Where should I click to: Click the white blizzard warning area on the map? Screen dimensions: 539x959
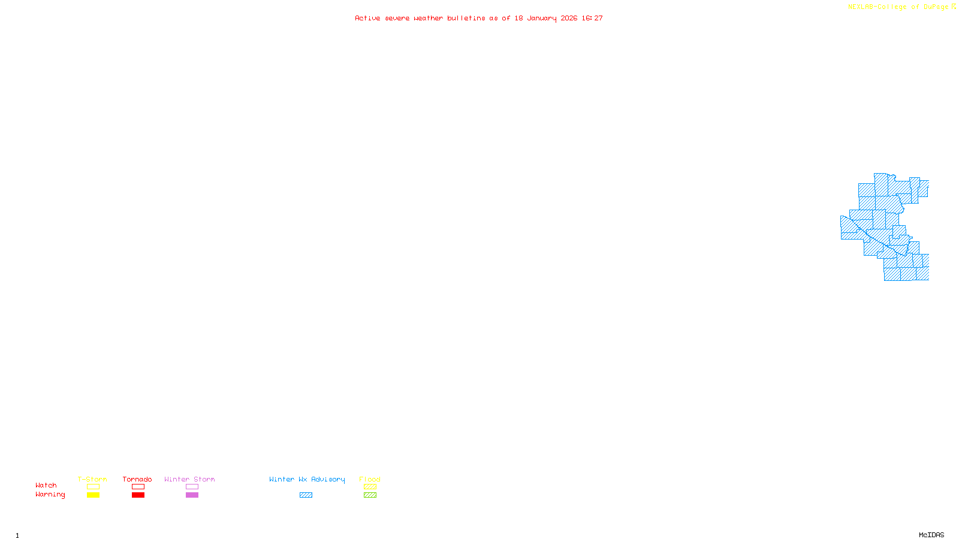click(x=852, y=203)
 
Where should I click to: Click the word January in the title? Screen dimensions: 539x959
click(x=542, y=18)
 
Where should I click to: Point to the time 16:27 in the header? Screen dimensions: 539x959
click(x=592, y=18)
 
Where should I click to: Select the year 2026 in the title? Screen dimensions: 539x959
click(x=569, y=18)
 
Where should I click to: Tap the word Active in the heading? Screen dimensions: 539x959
click(x=367, y=18)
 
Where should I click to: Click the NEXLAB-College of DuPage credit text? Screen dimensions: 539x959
click(x=898, y=7)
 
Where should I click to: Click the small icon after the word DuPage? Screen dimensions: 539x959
click(x=954, y=7)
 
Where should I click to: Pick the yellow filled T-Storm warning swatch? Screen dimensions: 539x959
click(x=93, y=495)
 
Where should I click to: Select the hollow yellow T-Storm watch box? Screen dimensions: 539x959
click(x=93, y=487)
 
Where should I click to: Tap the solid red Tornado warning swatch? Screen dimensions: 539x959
click(x=138, y=495)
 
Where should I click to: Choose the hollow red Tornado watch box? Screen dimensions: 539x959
click(x=138, y=487)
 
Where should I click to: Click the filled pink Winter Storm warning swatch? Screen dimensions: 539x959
click(x=192, y=495)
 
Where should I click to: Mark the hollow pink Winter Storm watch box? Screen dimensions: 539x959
click(x=192, y=487)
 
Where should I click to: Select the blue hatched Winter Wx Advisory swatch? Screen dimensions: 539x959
click(x=306, y=495)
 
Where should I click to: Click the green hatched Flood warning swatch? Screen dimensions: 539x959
click(x=370, y=495)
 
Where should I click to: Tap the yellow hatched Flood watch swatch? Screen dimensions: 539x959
click(x=370, y=487)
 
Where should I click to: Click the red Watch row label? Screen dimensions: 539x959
click(x=46, y=485)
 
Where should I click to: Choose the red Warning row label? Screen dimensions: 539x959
click(x=50, y=495)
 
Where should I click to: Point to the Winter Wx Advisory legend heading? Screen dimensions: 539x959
click(x=307, y=479)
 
